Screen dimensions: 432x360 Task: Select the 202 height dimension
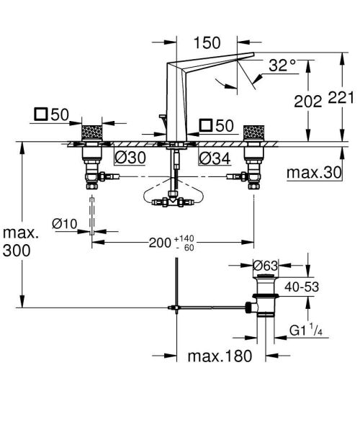point(307,102)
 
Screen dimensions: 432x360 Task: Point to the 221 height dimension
point(341,102)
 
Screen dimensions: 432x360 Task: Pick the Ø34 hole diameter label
point(215,158)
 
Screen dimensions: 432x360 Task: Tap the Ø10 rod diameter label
point(65,224)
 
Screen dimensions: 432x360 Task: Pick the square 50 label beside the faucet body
point(215,126)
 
